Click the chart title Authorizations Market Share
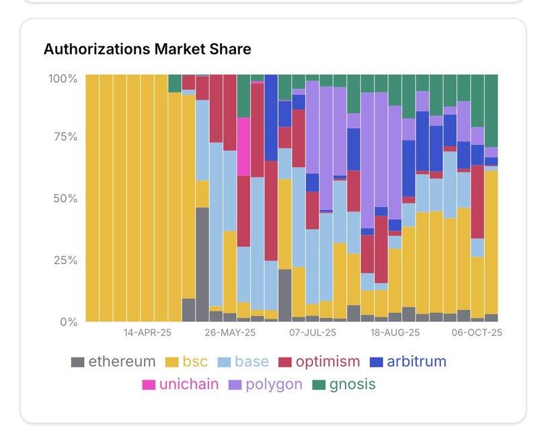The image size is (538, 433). coord(147,48)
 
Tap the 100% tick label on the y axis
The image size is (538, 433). coord(63,79)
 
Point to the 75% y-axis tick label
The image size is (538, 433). coord(65,137)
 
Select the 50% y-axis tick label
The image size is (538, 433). coord(65,199)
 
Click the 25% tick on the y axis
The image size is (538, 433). coord(65,260)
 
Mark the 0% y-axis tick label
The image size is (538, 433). coord(67,322)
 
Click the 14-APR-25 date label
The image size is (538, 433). coord(147,333)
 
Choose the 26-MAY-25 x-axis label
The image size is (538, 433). coord(230,333)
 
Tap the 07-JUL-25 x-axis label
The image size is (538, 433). coord(313,333)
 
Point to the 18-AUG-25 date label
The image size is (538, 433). coord(395,333)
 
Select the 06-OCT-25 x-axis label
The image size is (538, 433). coord(477,333)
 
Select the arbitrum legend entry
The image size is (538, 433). coord(408,362)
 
